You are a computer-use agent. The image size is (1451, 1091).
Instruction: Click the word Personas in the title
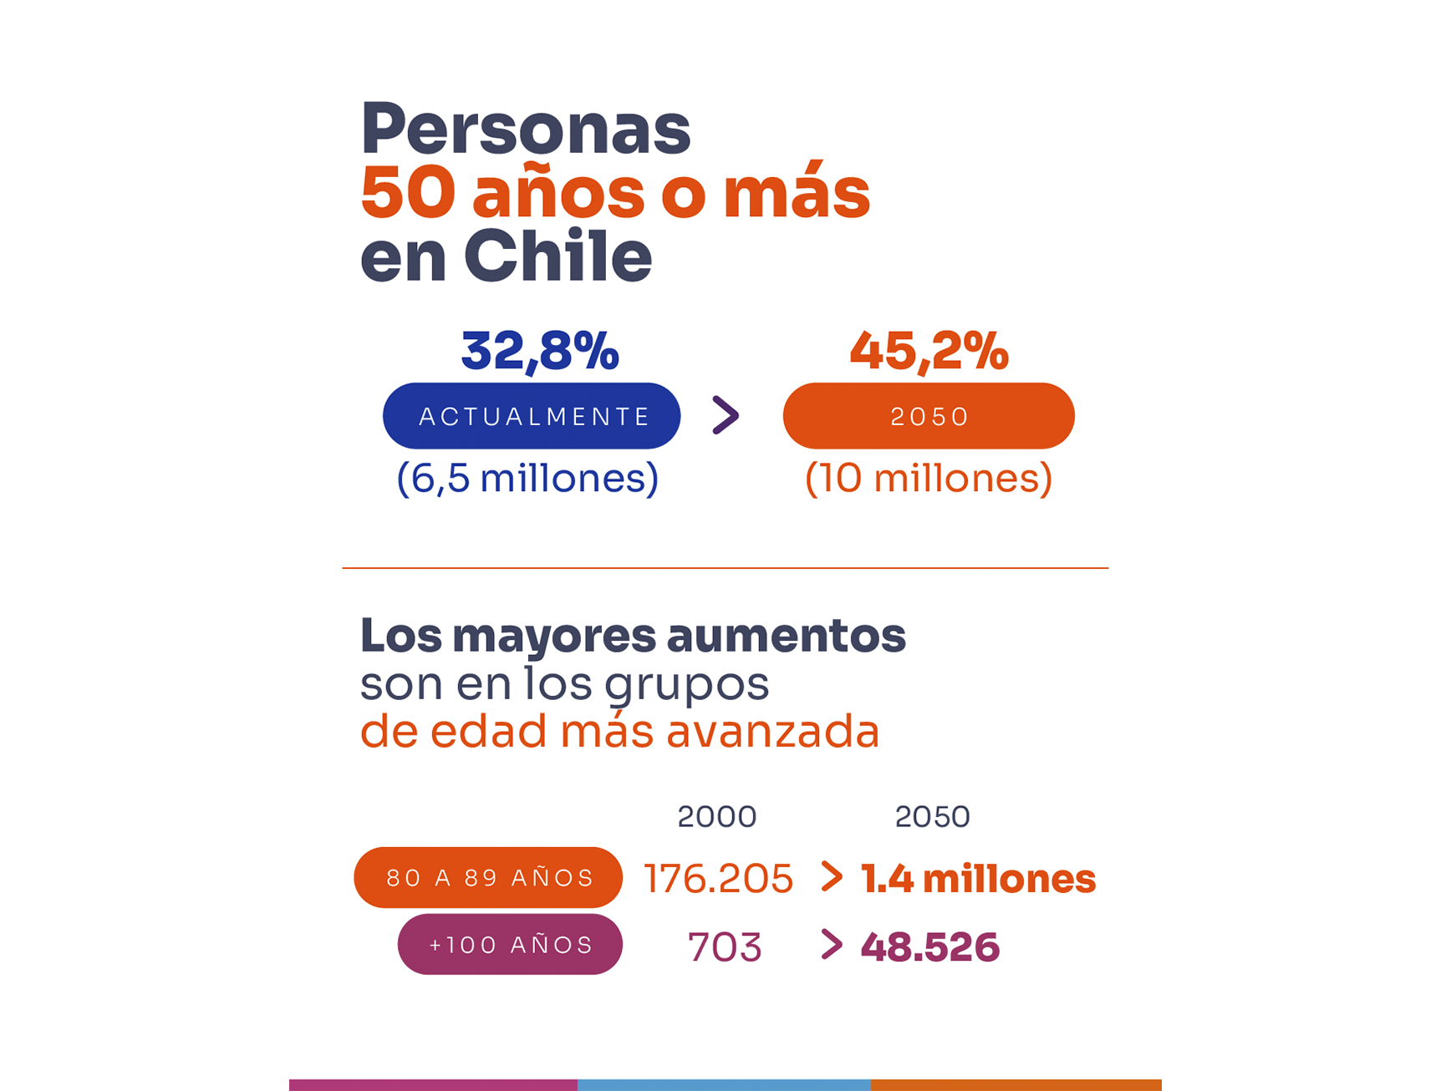tap(525, 129)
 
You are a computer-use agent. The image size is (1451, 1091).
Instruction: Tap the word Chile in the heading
tap(557, 256)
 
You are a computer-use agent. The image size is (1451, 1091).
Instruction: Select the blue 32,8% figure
tap(540, 351)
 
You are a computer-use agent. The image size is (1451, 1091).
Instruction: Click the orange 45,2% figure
tap(929, 351)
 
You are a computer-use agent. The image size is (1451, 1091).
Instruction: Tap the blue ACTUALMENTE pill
tap(532, 416)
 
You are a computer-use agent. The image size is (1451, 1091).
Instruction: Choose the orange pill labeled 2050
tap(929, 416)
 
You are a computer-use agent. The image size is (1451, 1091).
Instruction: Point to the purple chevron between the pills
tap(725, 415)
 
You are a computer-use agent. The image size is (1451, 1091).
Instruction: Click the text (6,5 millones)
tap(527, 479)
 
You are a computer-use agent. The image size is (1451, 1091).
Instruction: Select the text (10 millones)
tap(928, 479)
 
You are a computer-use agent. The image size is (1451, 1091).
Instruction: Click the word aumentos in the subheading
tap(786, 636)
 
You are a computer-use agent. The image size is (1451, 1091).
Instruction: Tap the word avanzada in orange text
tap(772, 732)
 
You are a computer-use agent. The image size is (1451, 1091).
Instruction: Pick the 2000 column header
tap(716, 817)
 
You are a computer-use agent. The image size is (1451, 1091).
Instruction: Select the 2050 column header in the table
tap(932, 817)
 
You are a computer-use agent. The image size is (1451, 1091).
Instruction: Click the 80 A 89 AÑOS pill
tap(488, 878)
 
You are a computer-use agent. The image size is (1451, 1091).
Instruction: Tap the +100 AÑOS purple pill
tap(510, 945)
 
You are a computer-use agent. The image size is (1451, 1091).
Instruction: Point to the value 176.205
tap(718, 879)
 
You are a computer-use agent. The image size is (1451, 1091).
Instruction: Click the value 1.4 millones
tap(978, 879)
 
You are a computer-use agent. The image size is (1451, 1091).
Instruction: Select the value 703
tap(724, 947)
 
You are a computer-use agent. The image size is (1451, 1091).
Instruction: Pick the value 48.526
tap(929, 947)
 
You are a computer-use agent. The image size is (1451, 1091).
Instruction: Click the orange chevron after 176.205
tap(831, 876)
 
